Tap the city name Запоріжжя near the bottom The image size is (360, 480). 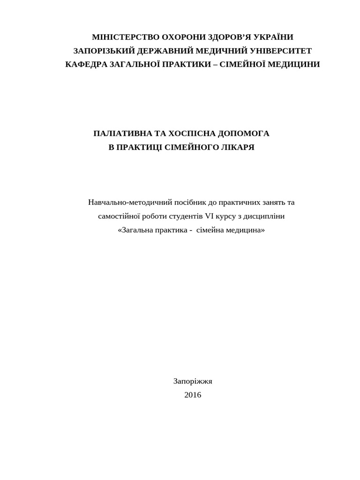193,381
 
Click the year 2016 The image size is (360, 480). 193,395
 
